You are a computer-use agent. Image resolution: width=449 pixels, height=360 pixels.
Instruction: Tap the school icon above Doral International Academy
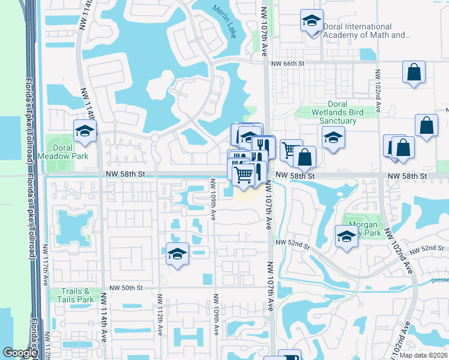tap(311, 21)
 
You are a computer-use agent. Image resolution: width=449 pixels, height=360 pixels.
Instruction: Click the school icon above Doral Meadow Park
tap(85, 131)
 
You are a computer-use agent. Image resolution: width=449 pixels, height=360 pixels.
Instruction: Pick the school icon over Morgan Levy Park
tap(346, 237)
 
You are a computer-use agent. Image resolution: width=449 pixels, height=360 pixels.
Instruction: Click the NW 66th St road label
tap(288, 63)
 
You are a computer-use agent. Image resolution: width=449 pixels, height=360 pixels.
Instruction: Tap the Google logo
tap(20, 353)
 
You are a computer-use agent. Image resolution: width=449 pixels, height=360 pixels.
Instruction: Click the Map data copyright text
tap(424, 355)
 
